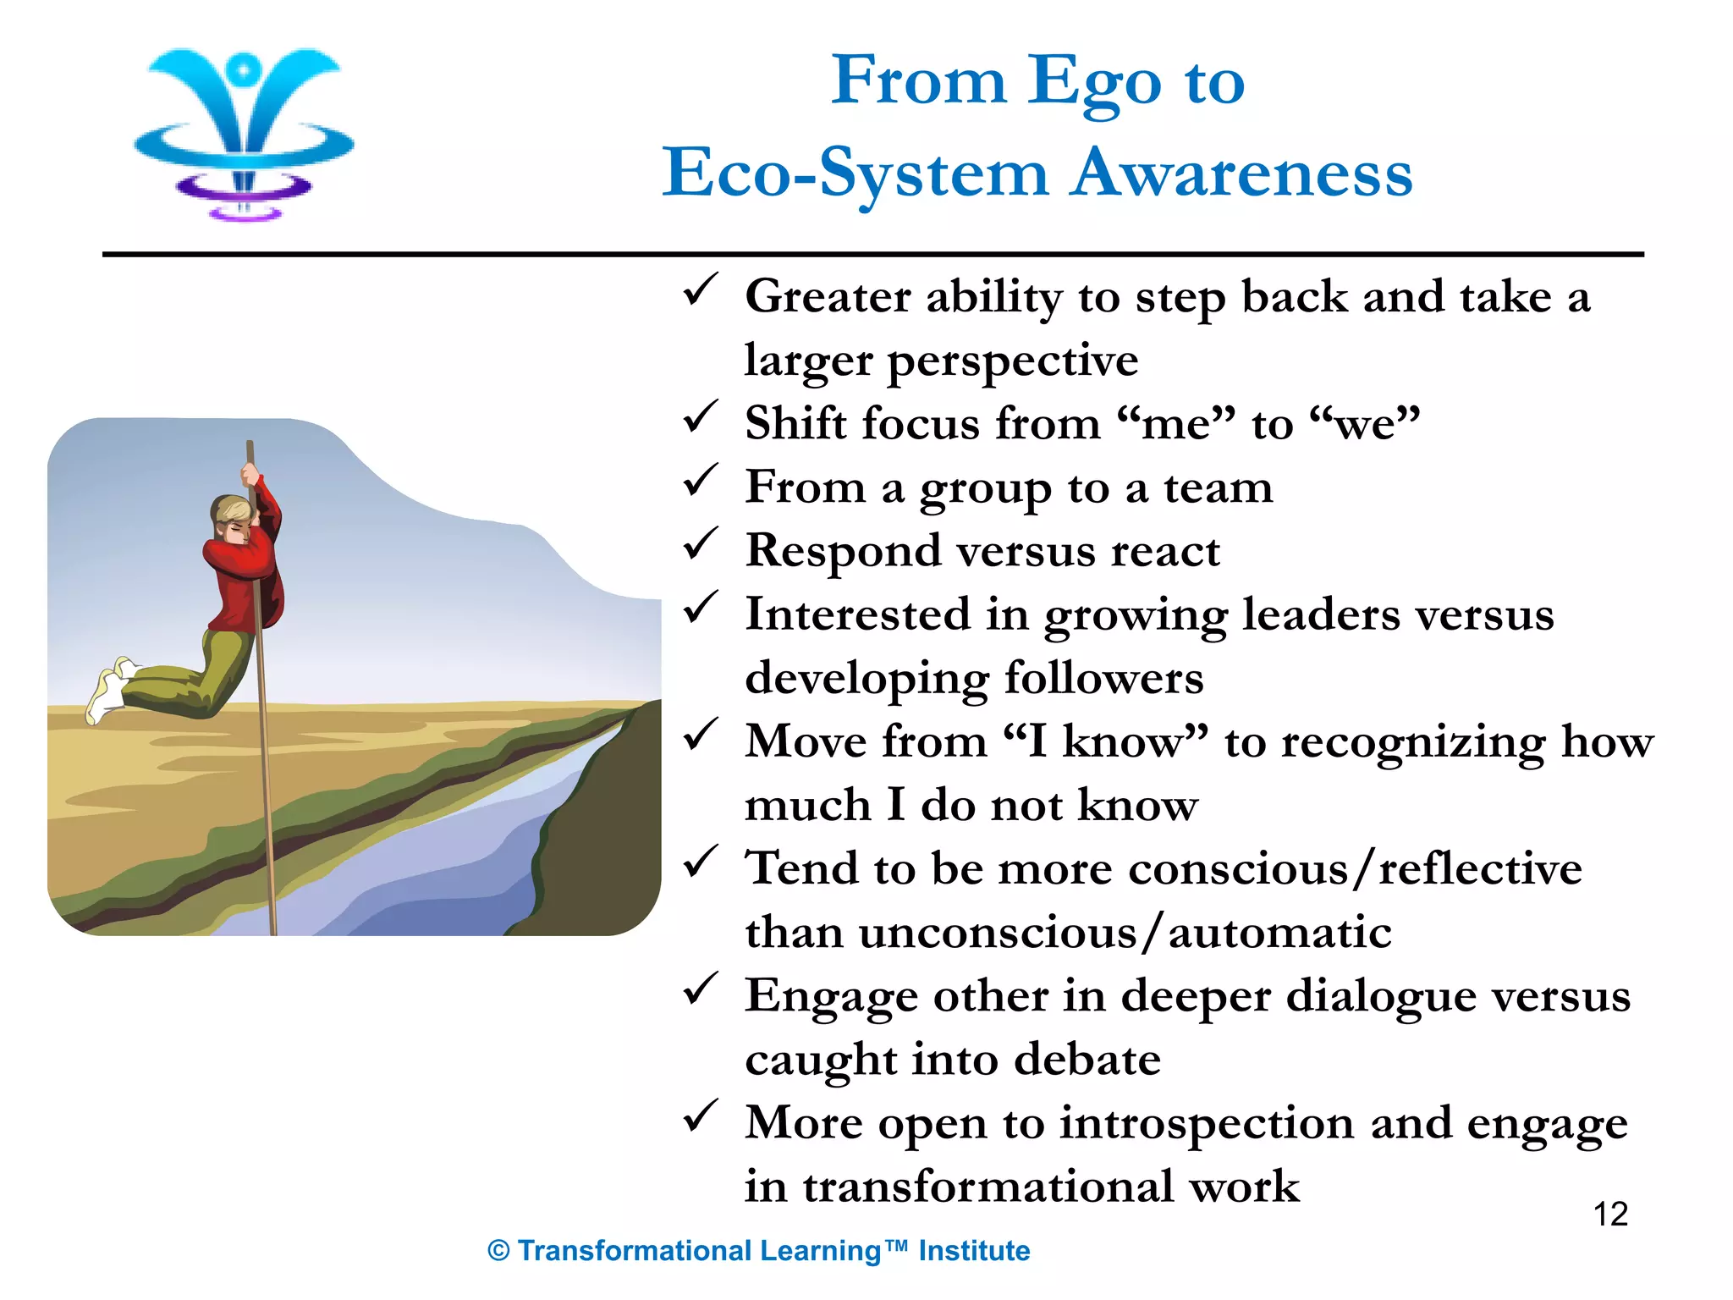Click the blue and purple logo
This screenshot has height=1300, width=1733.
244,133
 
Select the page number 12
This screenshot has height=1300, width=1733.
1610,1215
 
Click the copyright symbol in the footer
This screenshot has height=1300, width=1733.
498,1251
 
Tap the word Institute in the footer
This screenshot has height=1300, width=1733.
974,1251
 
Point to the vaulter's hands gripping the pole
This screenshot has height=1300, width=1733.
251,478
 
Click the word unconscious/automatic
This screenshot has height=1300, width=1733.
1125,933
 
